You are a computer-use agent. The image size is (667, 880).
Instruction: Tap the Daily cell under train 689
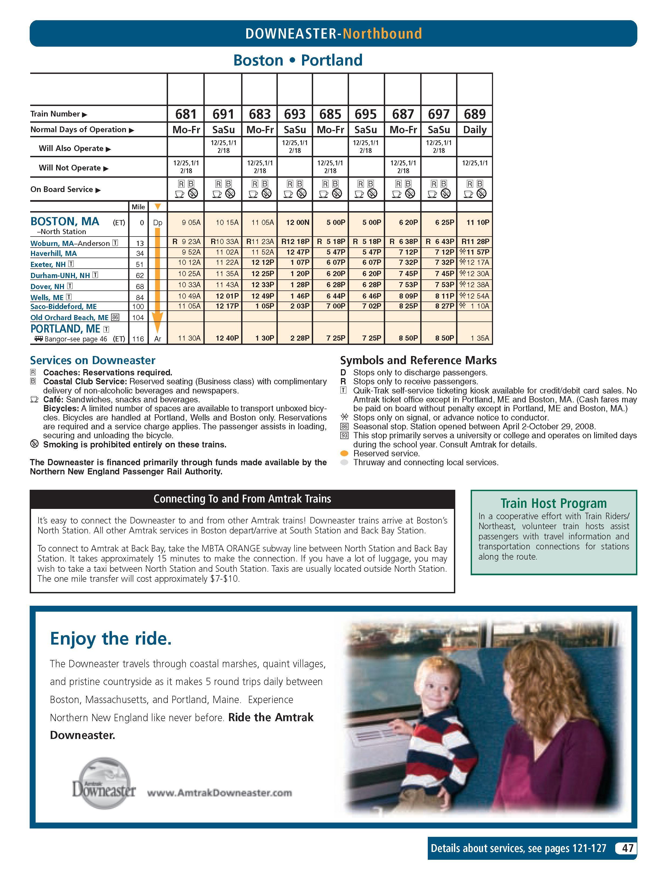tap(474, 130)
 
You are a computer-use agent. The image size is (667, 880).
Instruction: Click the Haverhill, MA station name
tap(53, 254)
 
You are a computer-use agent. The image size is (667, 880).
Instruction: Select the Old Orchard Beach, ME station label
tap(69, 317)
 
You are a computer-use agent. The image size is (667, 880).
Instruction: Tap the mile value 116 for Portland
tap(138, 339)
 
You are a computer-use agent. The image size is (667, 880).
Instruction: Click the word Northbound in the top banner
tap(382, 34)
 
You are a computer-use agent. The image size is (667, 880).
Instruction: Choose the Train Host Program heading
tap(553, 503)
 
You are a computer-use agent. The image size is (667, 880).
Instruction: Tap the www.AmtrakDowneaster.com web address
tap(219, 793)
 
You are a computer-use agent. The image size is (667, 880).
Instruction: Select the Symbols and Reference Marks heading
tap(418, 360)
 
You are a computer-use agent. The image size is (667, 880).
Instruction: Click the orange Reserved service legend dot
tap(345, 454)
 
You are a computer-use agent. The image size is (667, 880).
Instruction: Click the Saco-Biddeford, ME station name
tap(63, 307)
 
